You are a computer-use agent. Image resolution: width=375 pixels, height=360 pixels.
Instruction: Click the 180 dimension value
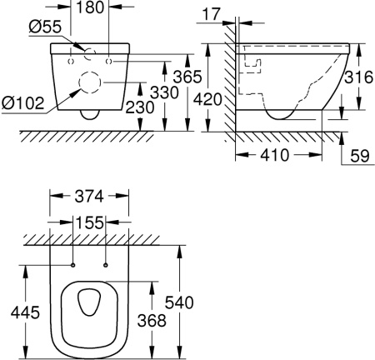click(x=89, y=7)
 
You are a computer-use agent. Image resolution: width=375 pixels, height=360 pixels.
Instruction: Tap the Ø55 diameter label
click(x=45, y=27)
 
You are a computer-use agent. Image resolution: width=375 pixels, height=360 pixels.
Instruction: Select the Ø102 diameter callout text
click(x=22, y=103)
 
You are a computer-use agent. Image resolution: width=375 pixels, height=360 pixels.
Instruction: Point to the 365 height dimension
click(x=187, y=77)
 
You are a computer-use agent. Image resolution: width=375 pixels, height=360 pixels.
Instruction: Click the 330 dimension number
click(x=164, y=92)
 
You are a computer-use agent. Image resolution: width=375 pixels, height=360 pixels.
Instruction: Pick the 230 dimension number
click(x=139, y=107)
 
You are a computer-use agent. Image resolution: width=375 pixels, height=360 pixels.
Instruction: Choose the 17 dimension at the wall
click(x=211, y=14)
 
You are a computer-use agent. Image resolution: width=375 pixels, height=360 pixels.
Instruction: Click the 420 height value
click(x=207, y=99)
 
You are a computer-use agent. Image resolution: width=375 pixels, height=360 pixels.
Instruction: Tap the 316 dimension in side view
click(x=359, y=77)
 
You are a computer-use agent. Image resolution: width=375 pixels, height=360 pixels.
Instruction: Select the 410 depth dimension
click(x=274, y=155)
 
